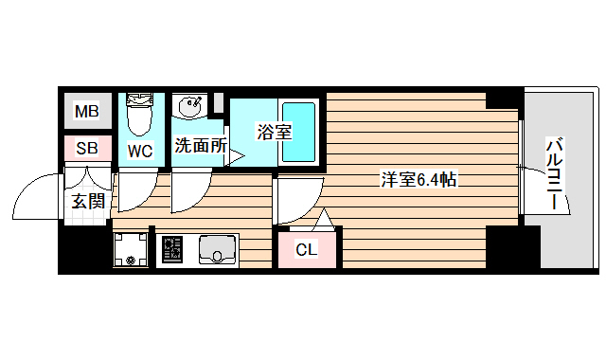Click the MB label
(x=86, y=113)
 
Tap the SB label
(x=86, y=148)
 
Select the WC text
(x=140, y=150)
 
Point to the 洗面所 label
(x=200, y=146)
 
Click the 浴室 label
(x=275, y=133)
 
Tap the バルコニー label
(x=555, y=176)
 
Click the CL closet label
(x=307, y=250)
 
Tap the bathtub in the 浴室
(x=300, y=129)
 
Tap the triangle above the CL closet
(x=323, y=221)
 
